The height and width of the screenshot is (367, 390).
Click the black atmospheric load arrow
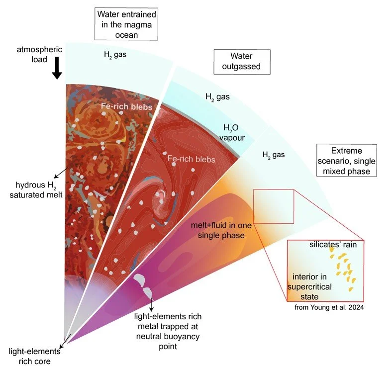click(x=57, y=68)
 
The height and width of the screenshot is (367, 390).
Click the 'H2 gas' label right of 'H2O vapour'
click(x=273, y=155)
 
